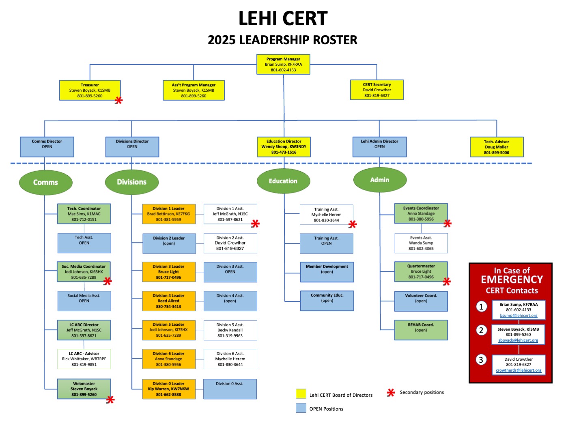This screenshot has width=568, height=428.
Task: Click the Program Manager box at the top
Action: tap(283, 65)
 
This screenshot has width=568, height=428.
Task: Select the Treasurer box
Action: tap(90, 90)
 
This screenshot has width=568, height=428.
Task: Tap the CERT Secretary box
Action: tap(377, 90)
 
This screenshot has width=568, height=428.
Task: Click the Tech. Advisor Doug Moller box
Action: tap(497, 147)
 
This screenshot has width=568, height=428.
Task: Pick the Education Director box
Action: tap(284, 147)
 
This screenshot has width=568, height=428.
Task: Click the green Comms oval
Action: tap(45, 183)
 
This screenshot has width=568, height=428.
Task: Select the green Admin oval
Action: tap(380, 180)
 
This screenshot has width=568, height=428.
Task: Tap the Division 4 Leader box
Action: tap(169, 301)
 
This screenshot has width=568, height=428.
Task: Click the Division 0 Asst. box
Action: tap(230, 389)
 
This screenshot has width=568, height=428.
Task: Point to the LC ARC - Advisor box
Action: tap(84, 359)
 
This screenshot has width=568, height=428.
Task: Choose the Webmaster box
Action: tap(84, 389)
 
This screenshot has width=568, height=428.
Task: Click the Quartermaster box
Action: tap(421, 272)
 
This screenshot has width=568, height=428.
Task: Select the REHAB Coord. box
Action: tap(421, 330)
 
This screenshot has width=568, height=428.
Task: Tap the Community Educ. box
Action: tap(327, 301)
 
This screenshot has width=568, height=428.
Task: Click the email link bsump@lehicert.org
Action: tap(519, 316)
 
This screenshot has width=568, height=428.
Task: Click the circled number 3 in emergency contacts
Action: tap(481, 360)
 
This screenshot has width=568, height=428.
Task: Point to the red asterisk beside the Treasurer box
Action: tap(118, 101)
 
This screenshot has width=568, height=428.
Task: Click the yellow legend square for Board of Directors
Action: tap(301, 394)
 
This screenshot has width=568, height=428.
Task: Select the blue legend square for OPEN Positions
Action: tap(301, 408)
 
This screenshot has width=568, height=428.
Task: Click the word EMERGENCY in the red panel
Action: tap(512, 280)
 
